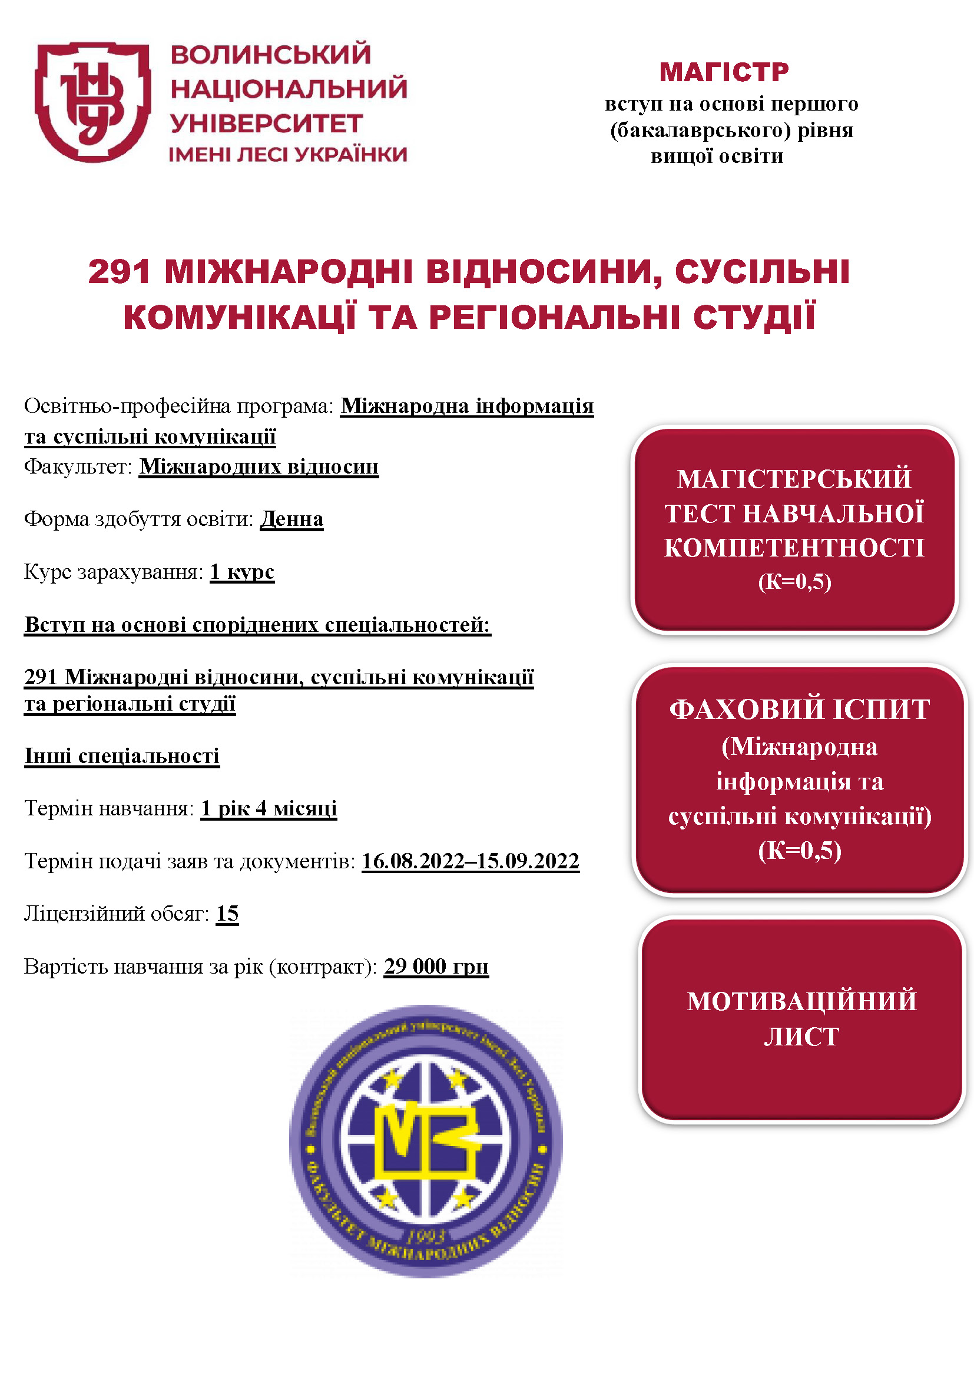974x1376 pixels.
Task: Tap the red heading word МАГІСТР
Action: pos(724,72)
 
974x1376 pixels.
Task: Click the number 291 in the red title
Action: pos(119,271)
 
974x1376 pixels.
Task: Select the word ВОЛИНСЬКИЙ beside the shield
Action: pos(270,55)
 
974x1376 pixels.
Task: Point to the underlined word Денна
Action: pos(291,519)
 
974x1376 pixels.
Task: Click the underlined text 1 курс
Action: pos(241,572)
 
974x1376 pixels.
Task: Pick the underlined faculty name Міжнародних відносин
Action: pos(259,467)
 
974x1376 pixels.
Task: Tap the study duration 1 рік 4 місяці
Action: pos(269,808)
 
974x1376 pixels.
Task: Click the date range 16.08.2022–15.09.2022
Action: pos(470,861)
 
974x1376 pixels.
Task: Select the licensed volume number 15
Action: pos(227,914)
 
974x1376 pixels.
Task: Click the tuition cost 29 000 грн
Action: pos(436,966)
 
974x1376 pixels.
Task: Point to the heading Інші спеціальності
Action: pos(122,756)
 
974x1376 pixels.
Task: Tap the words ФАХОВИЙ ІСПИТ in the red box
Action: pos(799,709)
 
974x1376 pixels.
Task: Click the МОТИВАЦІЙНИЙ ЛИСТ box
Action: pos(801,1019)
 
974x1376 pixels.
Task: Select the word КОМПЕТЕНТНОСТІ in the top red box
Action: pos(794,548)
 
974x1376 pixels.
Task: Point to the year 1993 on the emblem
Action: pos(426,1236)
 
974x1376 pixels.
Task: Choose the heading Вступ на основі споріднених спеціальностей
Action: pos(257,625)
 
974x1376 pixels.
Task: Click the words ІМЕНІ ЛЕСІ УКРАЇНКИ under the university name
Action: pos(288,155)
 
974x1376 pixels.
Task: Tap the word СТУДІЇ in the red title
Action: pos(754,317)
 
